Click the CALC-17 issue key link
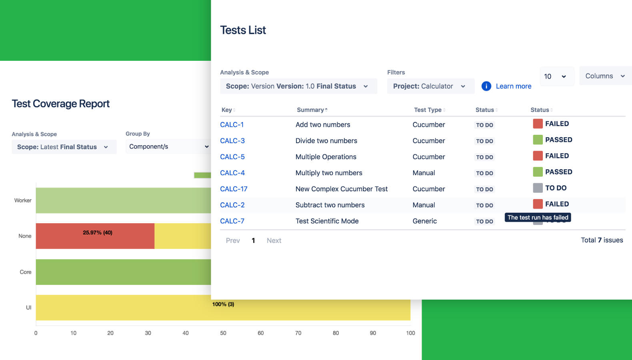point(234,189)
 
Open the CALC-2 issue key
point(232,205)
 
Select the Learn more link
point(513,86)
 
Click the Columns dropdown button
point(605,76)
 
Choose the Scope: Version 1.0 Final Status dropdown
point(298,86)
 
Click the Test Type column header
point(428,110)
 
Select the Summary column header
point(310,110)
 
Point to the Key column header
point(227,110)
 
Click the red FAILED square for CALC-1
point(538,124)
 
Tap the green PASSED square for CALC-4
point(538,172)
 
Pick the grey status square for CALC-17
point(538,188)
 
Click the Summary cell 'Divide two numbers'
point(326,141)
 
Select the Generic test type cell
point(424,221)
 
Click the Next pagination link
point(274,240)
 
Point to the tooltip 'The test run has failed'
point(538,217)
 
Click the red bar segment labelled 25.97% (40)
point(95,236)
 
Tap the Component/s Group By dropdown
point(168,146)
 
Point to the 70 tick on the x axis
point(298,333)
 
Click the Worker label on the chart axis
point(23,200)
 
